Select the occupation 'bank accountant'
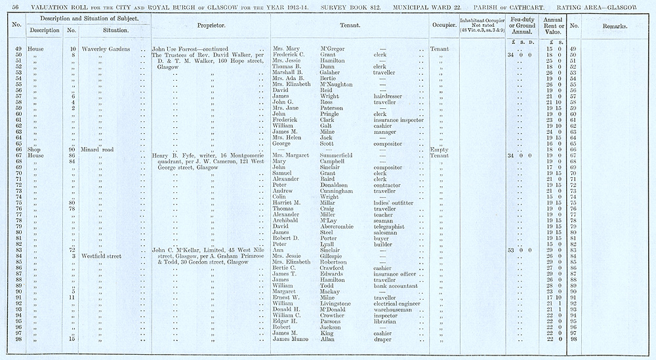point(395,285)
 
